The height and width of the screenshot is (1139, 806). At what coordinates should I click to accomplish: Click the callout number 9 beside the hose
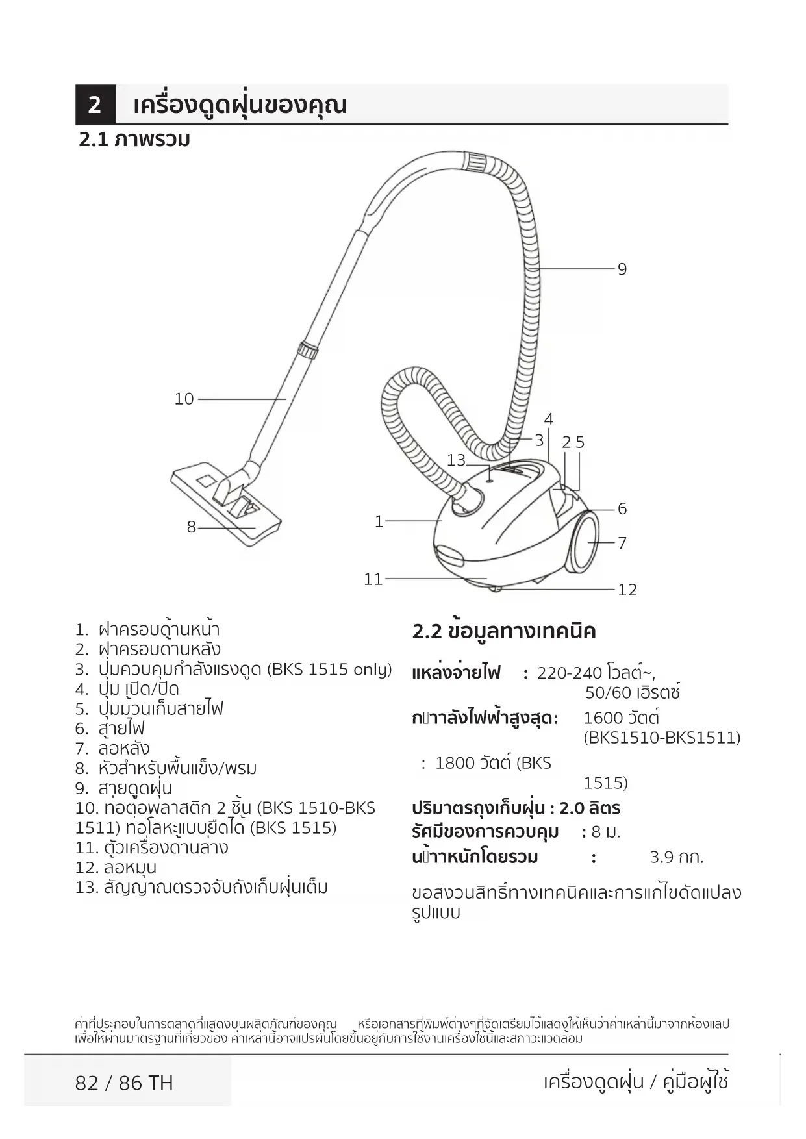point(622,269)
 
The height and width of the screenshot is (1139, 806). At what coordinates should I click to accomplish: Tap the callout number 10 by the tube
point(184,399)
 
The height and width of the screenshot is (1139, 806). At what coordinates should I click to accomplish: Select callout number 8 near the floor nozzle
point(191,527)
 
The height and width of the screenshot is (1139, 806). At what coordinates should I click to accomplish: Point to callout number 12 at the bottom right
point(627,590)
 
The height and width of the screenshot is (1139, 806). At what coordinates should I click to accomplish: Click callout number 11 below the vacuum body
point(373,579)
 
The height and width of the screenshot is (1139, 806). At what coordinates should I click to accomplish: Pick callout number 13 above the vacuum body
point(456,460)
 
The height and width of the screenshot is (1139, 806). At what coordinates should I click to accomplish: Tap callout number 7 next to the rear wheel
point(622,543)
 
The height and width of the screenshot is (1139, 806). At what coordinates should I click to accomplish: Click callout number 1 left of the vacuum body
point(379,521)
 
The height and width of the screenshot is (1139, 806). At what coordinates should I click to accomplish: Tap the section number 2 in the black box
point(95,105)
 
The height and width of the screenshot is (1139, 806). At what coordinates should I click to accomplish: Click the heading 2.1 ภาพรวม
point(134,140)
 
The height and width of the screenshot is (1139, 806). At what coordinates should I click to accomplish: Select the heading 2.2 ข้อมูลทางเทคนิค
point(504,631)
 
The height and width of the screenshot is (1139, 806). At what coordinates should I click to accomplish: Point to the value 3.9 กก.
point(677,857)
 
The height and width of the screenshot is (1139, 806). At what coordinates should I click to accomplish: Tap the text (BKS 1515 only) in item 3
point(329,670)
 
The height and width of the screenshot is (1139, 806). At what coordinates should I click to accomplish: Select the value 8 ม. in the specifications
point(605,832)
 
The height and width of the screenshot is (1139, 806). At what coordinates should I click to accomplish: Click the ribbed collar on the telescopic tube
point(308,350)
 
